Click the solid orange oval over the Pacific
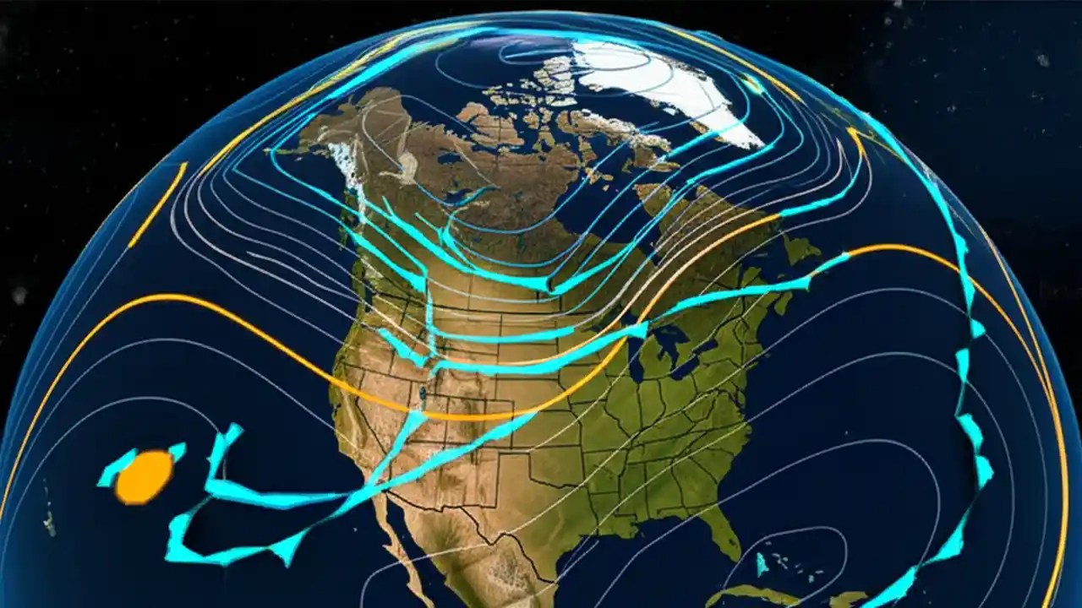[144, 476]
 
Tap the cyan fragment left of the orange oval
[115, 469]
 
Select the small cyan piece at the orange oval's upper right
[177, 451]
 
